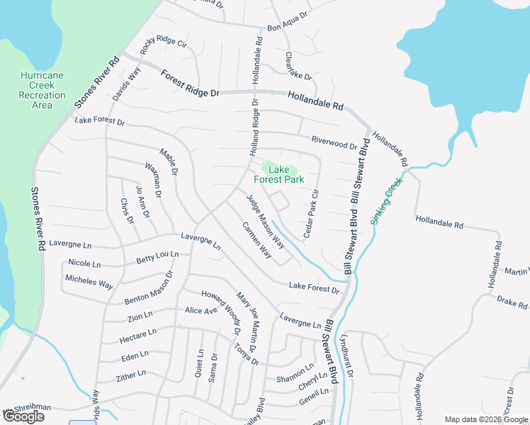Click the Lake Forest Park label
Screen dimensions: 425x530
tap(283, 174)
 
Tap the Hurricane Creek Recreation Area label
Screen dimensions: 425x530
tap(42, 90)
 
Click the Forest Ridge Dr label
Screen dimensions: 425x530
tap(191, 84)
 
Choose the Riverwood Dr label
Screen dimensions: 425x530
tap(334, 142)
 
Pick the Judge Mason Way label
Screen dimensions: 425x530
tap(266, 220)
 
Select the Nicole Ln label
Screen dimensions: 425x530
tap(84, 263)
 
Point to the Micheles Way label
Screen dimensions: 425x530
tap(89, 280)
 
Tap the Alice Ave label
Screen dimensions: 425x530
tap(201, 311)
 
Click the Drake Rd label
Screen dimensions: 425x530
tap(512, 302)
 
